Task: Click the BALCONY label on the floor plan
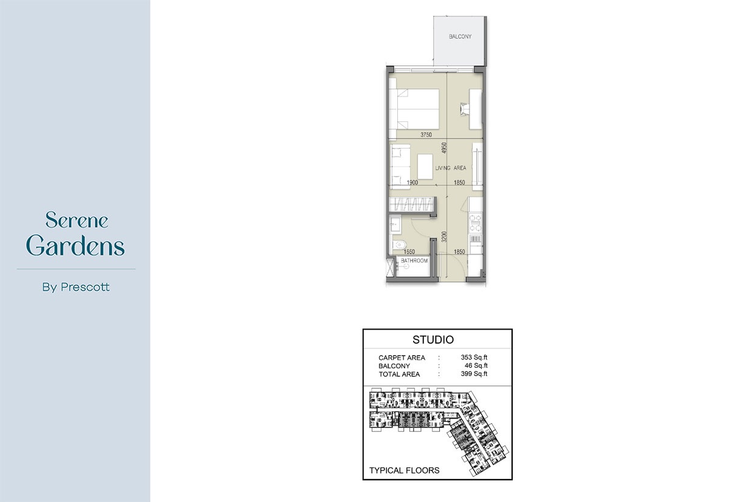coord(460,37)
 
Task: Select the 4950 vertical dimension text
coord(444,149)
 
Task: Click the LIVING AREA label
coord(450,168)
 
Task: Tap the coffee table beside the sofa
coord(425,166)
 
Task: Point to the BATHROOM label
coord(414,261)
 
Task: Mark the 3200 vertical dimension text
coord(444,236)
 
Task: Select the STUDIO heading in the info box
coord(433,340)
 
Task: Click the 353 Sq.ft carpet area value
coord(474,358)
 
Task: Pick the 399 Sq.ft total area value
coord(474,374)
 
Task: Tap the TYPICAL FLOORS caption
coord(404,470)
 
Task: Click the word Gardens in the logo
coord(76,246)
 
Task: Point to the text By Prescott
coord(76,287)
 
